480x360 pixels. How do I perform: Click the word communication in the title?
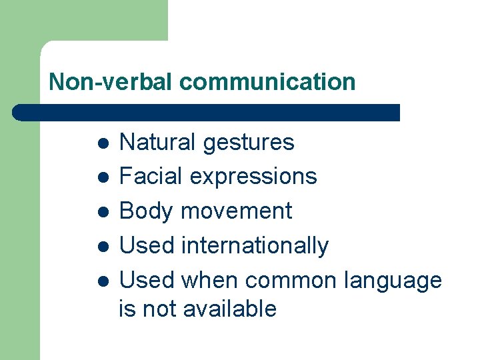[267, 82]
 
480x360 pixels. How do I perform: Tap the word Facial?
[151, 176]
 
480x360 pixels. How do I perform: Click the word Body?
[147, 211]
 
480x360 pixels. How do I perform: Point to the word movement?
[237, 211]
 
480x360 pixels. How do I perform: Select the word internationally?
[255, 246]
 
